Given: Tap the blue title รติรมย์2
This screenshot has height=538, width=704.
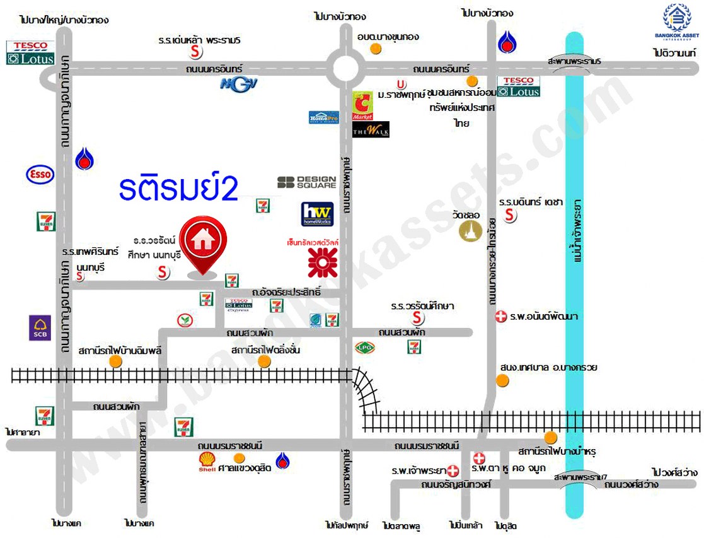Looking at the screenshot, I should (x=179, y=188).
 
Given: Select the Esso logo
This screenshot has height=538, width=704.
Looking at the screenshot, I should (x=40, y=175).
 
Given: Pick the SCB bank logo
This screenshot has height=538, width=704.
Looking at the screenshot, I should (x=40, y=328).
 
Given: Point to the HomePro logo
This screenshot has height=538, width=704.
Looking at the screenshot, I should (x=324, y=117).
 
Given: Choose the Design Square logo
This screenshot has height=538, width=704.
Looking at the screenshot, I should (x=307, y=182).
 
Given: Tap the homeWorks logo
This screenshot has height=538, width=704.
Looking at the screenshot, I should (x=317, y=214).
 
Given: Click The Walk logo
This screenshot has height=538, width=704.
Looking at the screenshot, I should (x=371, y=129).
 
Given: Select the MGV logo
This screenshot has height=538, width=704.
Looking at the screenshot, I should (x=239, y=84).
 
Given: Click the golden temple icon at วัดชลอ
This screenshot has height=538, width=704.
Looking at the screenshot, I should (x=470, y=230).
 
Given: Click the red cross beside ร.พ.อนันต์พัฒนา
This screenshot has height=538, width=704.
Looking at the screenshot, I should (x=500, y=317).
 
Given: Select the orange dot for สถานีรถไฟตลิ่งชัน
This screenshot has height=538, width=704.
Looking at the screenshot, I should (x=264, y=361).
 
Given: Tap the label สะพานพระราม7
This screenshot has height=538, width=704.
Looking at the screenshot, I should (x=580, y=477).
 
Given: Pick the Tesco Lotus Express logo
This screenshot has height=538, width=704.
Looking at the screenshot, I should (x=239, y=305).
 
